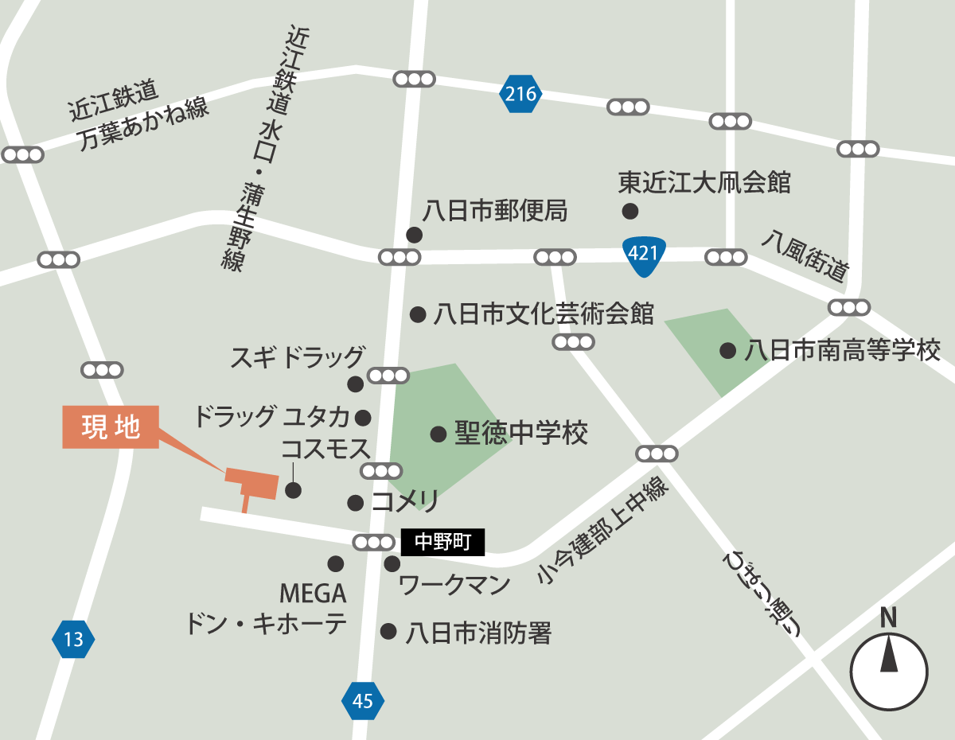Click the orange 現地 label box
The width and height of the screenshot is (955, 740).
pos(111,427)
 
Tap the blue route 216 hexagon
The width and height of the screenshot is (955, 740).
pos(520,95)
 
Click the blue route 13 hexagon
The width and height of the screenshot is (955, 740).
pos(73,639)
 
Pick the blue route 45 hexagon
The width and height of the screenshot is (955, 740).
pos(362,701)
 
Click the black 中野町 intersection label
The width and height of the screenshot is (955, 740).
pos(442,543)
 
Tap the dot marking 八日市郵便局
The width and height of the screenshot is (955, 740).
pos(414,235)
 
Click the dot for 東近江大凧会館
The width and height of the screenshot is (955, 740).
pos(630,211)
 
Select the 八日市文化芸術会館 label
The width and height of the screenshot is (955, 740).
pos(544,314)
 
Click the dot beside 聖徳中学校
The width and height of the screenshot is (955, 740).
pos(438,434)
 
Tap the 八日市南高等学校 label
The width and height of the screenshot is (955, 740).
pos(843,350)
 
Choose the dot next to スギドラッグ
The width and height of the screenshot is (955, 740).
pos(355,384)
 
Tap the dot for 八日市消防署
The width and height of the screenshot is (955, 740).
pos(388,632)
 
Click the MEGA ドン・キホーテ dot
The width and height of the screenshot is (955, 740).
pos(335,563)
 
